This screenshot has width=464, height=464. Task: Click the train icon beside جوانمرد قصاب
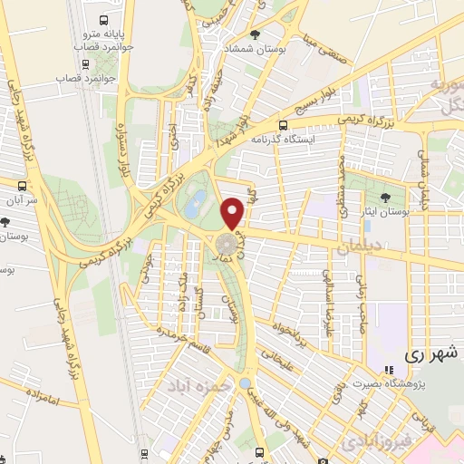(85, 64)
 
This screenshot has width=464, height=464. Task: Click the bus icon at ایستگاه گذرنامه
(284, 126)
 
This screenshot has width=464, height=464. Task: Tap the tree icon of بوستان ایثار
(386, 196)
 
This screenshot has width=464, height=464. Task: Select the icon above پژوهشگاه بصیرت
(389, 370)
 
